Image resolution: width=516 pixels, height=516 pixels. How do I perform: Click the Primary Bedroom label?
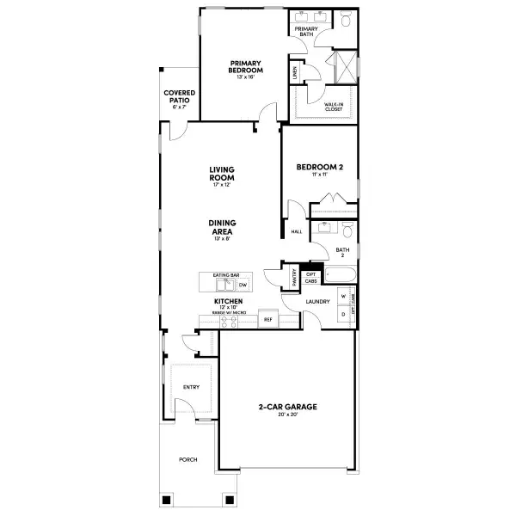pos(245,67)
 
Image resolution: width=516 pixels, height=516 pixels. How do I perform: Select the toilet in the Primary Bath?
pos(345,19)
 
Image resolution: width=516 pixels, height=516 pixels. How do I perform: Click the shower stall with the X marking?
pos(342,66)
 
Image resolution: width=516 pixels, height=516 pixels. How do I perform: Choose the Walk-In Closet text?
pos(335,106)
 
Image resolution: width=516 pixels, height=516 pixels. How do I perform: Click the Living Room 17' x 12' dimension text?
pos(222,185)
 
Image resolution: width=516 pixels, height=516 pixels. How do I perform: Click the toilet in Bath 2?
pos(346,229)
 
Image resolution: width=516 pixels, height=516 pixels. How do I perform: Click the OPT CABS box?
pos(310,276)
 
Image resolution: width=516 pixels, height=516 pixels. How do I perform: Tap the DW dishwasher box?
pos(243,284)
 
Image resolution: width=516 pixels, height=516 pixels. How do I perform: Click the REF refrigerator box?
pos(267,318)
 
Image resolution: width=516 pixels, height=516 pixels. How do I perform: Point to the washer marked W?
pos(343,297)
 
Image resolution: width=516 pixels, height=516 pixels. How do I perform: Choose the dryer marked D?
pos(343,314)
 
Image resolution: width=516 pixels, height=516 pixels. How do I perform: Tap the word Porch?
pos(187,460)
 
